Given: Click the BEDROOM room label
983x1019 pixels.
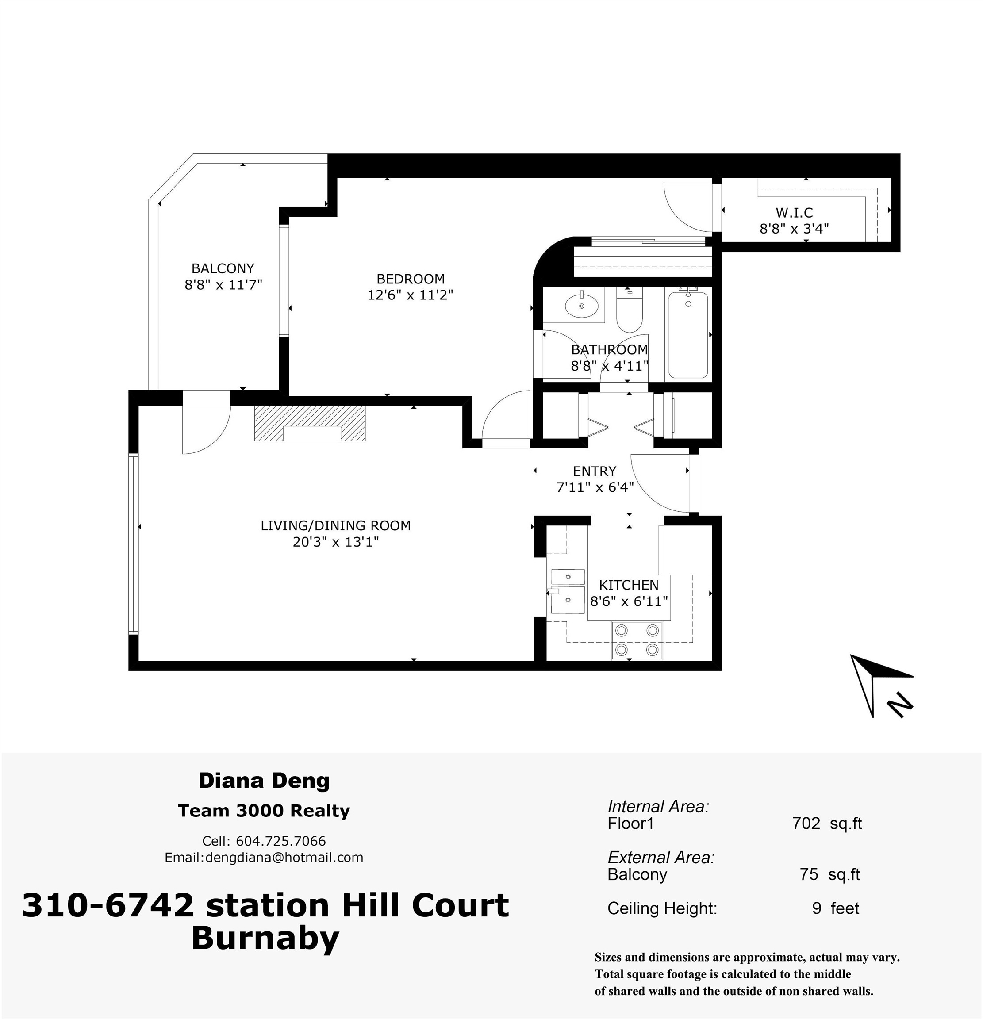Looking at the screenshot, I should point(411,279).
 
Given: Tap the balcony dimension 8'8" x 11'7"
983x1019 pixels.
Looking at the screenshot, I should point(223,285).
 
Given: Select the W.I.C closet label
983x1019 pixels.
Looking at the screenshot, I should point(794,212).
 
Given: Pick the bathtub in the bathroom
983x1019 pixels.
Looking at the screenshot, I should point(688,335).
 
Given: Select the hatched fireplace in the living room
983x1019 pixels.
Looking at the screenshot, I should point(310,423).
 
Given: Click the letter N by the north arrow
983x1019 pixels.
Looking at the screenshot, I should point(900,705).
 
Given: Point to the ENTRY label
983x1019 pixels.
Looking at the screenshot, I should point(595,471).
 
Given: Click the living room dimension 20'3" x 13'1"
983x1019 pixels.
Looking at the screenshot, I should point(335,542).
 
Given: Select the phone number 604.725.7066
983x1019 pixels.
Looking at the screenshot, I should point(281,841).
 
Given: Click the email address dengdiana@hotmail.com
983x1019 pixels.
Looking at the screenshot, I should point(284,857).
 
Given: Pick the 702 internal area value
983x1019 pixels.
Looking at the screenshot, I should point(806,824).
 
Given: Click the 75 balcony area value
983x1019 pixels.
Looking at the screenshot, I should point(809,874).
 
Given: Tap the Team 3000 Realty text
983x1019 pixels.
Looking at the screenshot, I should point(264,811).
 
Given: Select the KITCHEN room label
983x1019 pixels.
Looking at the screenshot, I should point(628,585).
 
